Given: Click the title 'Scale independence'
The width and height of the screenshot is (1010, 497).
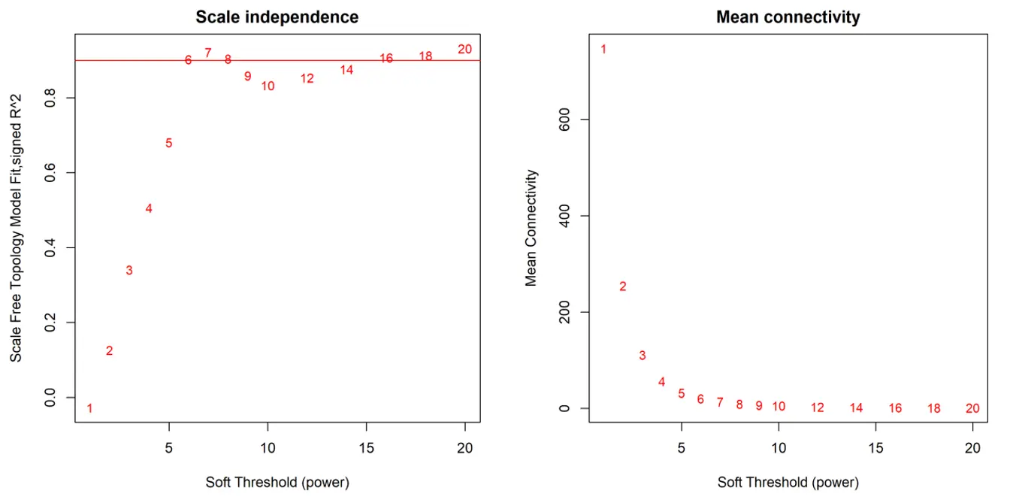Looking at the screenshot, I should click(277, 17).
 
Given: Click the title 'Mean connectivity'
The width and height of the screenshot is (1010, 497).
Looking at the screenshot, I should click(788, 17).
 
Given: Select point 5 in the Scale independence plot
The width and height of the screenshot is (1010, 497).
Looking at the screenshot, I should click(169, 143).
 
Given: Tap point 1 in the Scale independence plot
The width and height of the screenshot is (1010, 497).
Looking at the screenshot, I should click(90, 408).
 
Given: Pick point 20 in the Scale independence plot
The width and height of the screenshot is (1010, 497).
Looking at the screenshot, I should click(464, 49).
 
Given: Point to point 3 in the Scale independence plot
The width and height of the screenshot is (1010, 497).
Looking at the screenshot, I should click(129, 270).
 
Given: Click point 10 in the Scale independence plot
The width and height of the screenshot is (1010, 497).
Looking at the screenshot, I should click(268, 86).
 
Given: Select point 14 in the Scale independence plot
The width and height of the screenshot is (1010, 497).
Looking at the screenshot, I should click(346, 69).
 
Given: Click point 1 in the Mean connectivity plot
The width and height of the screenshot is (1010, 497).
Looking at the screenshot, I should click(603, 49).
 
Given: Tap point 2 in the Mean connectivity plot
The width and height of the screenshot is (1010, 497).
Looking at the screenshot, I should click(622, 286).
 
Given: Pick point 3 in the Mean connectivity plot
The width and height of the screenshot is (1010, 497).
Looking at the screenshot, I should click(643, 355).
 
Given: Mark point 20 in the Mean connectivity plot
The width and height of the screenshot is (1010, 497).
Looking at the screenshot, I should click(972, 408).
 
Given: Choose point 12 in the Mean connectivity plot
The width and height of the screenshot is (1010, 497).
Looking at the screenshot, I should click(818, 408).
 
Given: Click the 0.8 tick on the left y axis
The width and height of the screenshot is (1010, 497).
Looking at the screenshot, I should click(52, 98).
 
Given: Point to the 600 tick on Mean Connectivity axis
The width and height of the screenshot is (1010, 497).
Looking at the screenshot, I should click(563, 120).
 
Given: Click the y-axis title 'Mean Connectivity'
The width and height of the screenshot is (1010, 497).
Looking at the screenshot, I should click(531, 227).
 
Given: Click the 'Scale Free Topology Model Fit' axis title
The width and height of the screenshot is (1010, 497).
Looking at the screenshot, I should click(16, 228).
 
